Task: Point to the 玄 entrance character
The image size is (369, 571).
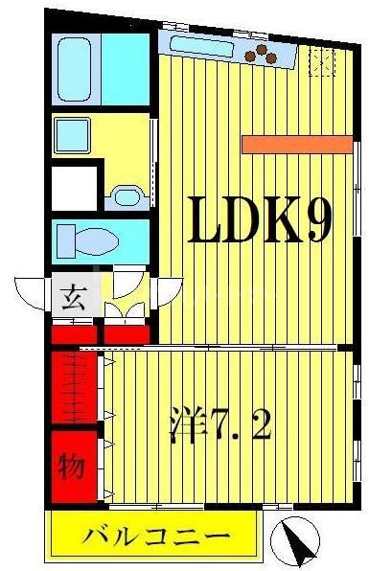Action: (74, 295)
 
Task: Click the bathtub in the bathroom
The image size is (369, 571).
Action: (74, 70)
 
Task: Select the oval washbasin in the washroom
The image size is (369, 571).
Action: (126, 199)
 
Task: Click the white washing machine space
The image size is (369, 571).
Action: (75, 188)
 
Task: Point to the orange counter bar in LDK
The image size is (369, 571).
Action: (297, 144)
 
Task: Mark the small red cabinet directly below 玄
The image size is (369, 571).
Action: (74, 334)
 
